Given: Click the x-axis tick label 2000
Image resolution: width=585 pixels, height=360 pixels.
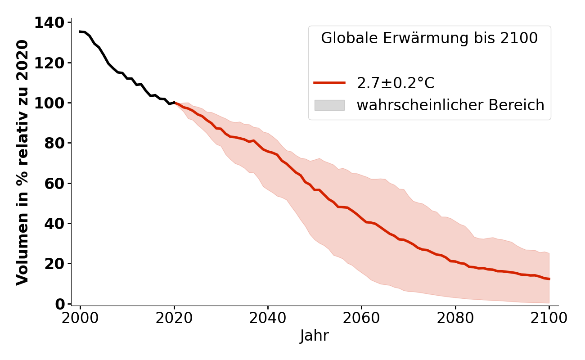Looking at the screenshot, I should click(x=80, y=318).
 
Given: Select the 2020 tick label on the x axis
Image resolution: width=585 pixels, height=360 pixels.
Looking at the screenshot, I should click(x=174, y=318).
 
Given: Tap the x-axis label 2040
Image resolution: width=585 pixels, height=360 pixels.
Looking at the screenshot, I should click(x=268, y=318).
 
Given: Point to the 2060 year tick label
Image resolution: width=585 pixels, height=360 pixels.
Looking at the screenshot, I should click(x=361, y=318).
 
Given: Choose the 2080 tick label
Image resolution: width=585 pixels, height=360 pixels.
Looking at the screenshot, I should click(x=455, y=318).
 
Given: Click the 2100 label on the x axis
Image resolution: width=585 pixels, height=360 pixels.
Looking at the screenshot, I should click(x=549, y=318).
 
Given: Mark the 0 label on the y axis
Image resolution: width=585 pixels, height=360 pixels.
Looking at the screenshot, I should click(x=60, y=304).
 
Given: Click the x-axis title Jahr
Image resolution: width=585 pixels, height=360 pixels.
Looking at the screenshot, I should click(x=315, y=336).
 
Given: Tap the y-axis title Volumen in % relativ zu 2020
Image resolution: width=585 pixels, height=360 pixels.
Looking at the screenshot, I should click(x=22, y=162).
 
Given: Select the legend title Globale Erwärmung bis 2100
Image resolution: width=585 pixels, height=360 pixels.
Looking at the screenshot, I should click(x=429, y=39).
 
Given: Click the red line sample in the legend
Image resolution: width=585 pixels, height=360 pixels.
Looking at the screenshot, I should click(x=329, y=83).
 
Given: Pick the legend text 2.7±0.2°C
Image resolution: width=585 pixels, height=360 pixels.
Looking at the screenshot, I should click(x=396, y=83).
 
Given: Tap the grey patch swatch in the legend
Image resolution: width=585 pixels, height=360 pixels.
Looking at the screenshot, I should click(x=329, y=105).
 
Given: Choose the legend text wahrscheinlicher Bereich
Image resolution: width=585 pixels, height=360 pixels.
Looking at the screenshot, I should click(x=450, y=105).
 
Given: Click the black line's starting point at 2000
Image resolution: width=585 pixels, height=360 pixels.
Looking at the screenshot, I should click(x=80, y=31).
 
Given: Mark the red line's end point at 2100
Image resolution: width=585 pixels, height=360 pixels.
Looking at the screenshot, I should click(x=549, y=279).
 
